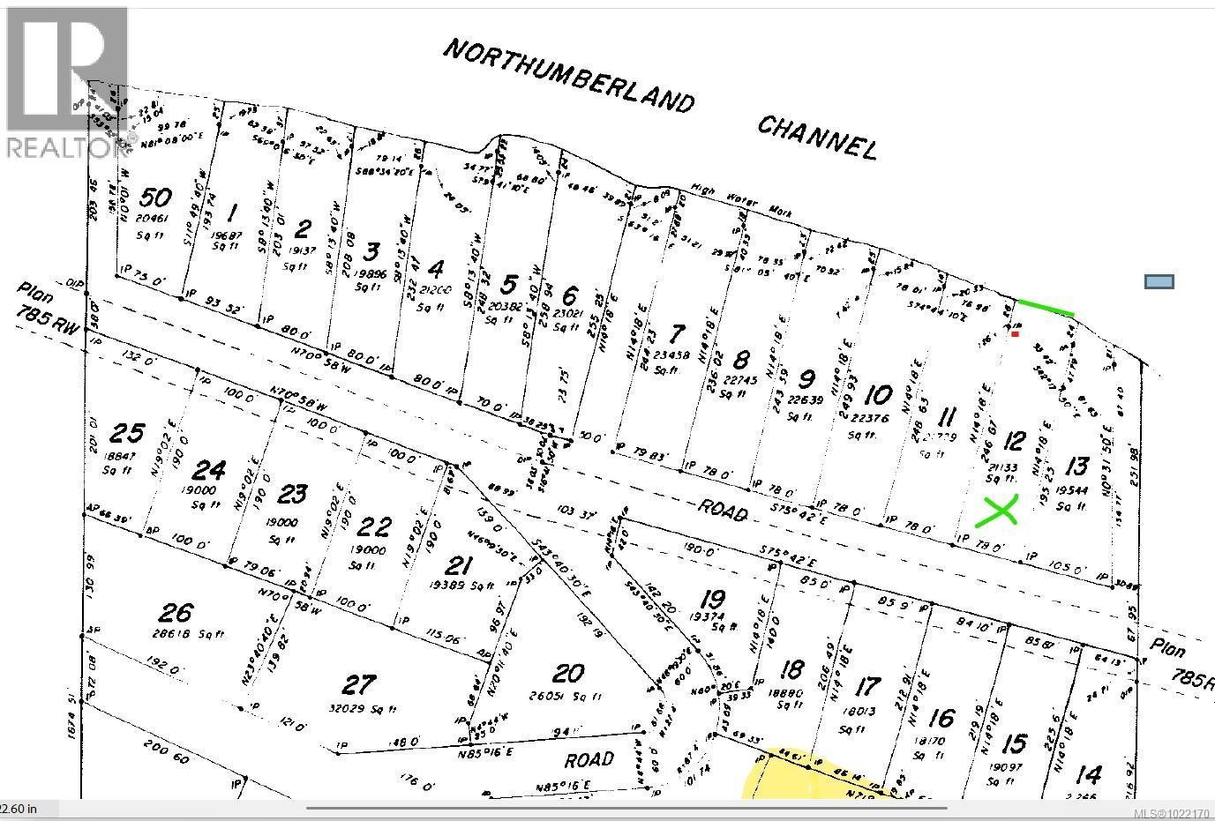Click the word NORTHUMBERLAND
click(x=567, y=75)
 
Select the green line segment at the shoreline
click(x=1046, y=308)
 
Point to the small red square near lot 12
click(x=1016, y=333)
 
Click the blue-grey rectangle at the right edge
click(x=1159, y=282)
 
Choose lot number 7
click(x=677, y=335)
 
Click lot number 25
click(x=127, y=433)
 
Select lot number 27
click(x=358, y=684)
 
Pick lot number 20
click(x=567, y=674)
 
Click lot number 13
click(x=1076, y=466)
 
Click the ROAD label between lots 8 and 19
click(x=723, y=511)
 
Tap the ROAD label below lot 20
click(x=588, y=759)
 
